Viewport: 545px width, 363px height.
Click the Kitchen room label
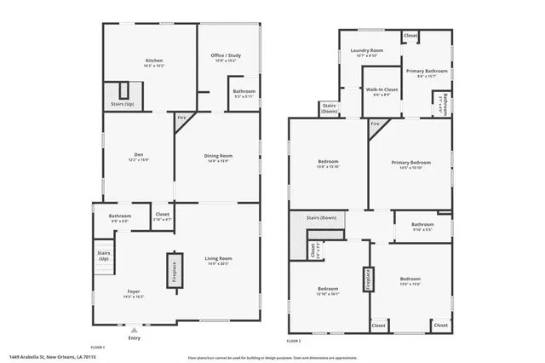click(154, 61)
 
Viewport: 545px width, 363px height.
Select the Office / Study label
click(226, 56)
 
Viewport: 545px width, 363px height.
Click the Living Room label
click(218, 258)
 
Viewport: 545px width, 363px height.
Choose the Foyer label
click(135, 293)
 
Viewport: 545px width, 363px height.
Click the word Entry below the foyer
click(134, 338)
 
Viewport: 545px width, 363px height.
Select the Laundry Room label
click(367, 51)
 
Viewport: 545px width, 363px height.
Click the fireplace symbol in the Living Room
click(173, 274)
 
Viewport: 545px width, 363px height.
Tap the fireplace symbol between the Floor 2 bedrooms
click(369, 278)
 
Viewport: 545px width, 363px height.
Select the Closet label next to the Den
click(162, 215)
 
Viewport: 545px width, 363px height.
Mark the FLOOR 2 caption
click(294, 340)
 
